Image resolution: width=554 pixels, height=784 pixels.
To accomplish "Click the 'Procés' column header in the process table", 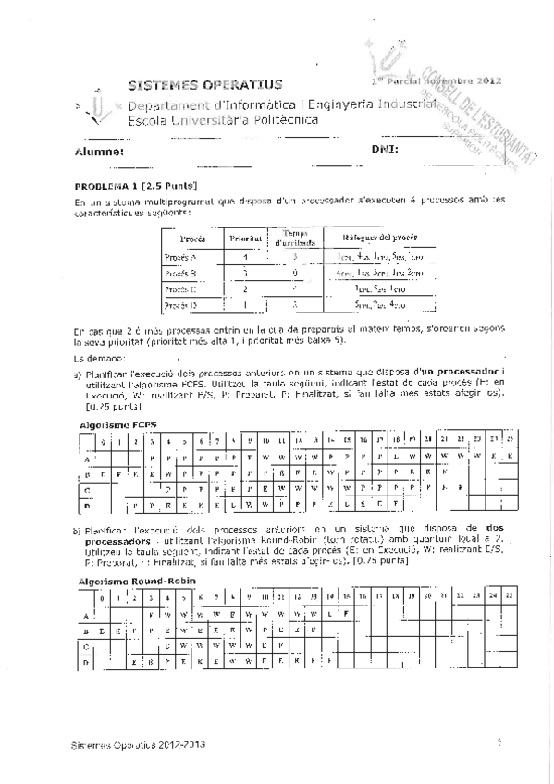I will point(191,238).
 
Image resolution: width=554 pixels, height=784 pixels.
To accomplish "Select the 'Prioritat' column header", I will point(246,238).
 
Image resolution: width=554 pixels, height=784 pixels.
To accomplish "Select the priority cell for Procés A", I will point(245,257).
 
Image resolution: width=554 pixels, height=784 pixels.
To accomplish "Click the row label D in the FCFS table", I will point(87,506).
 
